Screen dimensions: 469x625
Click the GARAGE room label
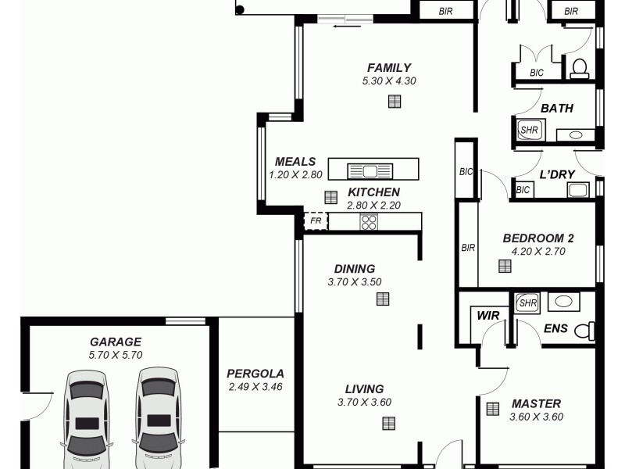[116, 342]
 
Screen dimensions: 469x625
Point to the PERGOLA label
[255, 374]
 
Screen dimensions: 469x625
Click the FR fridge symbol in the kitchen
[316, 221]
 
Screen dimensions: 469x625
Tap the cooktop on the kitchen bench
[369, 222]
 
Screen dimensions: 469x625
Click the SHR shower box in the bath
[530, 130]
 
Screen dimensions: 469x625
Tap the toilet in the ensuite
[583, 331]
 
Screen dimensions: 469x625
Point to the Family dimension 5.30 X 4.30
[389, 81]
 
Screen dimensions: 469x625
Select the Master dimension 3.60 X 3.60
[536, 417]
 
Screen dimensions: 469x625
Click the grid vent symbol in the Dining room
[383, 299]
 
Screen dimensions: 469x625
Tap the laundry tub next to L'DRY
[578, 190]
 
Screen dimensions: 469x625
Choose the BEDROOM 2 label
[538, 238]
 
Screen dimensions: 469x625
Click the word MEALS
[295, 162]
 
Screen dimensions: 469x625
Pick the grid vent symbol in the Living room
[388, 423]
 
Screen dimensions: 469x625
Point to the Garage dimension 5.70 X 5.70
[116, 355]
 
